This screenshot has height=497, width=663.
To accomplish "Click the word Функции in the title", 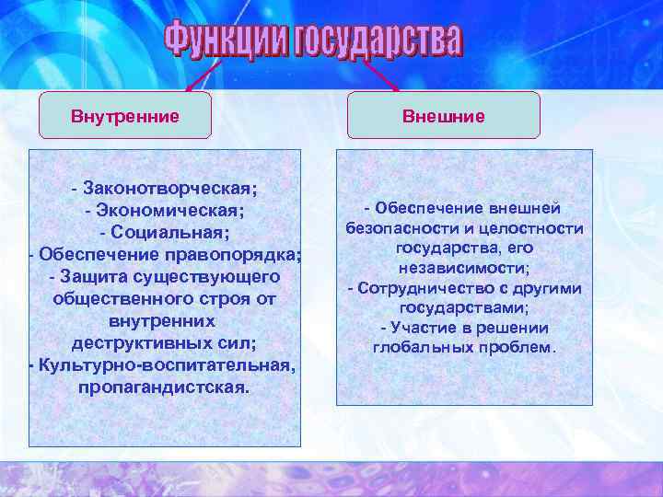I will pos(227,40).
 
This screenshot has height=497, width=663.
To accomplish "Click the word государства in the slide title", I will pos(377,40).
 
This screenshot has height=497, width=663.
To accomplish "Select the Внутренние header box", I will pos(125,116).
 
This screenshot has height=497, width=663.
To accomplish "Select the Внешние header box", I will pos(443,116).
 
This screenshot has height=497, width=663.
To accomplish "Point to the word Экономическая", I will pos(169,210).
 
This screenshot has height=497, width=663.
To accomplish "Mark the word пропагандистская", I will pos(163,387).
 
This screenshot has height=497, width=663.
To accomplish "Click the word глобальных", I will pos(416,348).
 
